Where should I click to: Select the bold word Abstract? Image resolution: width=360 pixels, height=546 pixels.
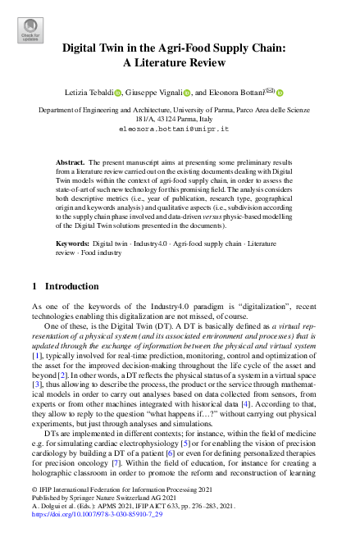pos(71,163)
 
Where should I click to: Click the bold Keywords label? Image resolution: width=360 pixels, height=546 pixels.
pos(73,244)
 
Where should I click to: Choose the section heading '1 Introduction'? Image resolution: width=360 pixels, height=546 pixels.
pos(64,287)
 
